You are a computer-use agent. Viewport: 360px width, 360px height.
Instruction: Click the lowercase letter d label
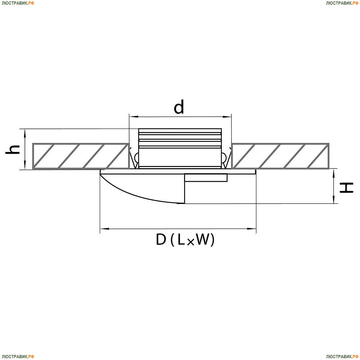tap(179, 107)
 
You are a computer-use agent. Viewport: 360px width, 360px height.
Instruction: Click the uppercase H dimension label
tap(347, 187)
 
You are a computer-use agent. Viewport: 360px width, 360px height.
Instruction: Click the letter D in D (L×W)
tap(161, 240)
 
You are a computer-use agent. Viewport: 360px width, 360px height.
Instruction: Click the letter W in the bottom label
tap(202, 240)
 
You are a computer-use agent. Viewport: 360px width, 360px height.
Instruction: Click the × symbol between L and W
tap(190, 242)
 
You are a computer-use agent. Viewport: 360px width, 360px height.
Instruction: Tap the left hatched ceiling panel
tap(81, 156)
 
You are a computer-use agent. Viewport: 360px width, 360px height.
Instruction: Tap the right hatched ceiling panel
tap(280, 156)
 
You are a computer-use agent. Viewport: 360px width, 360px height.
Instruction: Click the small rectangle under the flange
tap(206, 177)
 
